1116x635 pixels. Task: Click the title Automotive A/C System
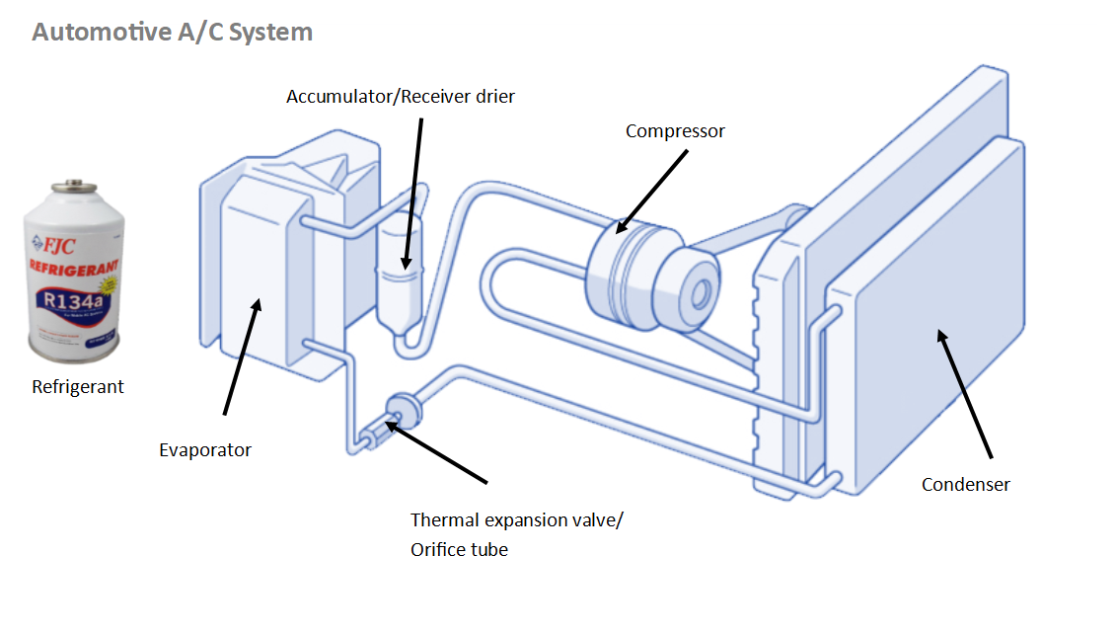pos(172,32)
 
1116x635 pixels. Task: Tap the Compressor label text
pos(675,130)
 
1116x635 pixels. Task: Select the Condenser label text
pos(965,484)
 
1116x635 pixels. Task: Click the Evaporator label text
pos(205,450)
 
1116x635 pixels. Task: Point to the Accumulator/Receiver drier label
pos(401,97)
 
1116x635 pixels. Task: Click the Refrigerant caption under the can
pos(78,387)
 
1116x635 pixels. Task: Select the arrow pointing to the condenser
pos(965,395)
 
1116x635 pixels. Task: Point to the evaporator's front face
pos(254,277)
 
